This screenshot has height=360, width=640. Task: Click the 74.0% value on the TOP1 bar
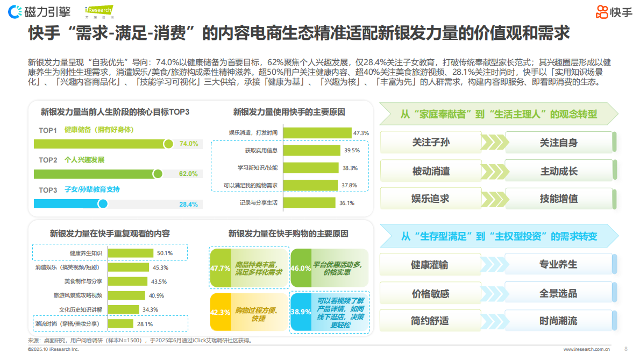(189, 144)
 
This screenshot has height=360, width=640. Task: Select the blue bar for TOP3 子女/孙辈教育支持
(68, 203)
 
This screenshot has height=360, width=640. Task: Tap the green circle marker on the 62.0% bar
(158, 174)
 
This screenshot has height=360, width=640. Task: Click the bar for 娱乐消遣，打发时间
(317, 132)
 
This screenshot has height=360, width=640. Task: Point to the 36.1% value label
(346, 203)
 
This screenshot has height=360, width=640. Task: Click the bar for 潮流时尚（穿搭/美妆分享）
(121, 323)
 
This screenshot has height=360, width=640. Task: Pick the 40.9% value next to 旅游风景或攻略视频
(157, 295)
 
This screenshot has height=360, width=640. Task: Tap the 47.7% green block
(220, 268)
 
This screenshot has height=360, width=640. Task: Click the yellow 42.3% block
(220, 312)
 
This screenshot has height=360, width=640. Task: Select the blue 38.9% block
(301, 312)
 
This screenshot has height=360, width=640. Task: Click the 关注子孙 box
(430, 143)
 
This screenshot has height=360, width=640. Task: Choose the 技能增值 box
(558, 199)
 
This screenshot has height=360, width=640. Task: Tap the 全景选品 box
(558, 293)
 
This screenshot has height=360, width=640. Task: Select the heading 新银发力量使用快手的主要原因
(289, 112)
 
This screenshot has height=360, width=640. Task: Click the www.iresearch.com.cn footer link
(586, 349)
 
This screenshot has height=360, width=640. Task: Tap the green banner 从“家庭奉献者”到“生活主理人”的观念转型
(498, 114)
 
